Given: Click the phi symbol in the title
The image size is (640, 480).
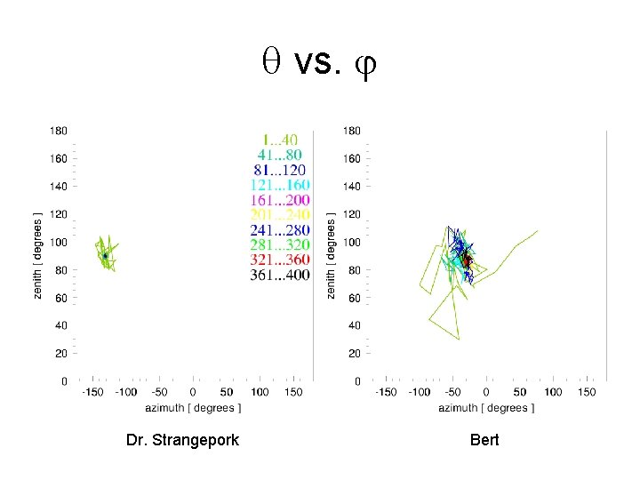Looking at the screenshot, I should (x=365, y=65).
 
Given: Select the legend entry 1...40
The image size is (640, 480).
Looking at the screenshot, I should (x=280, y=140).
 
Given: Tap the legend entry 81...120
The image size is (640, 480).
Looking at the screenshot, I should (x=280, y=171).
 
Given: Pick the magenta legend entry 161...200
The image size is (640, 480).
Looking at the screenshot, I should (x=280, y=201).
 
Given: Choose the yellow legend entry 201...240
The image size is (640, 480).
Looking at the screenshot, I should (x=280, y=216).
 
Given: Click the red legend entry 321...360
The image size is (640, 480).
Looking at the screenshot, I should (x=280, y=261).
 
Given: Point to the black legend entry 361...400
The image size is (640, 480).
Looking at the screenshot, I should (x=280, y=276).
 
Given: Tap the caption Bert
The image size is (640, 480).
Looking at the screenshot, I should (x=484, y=440).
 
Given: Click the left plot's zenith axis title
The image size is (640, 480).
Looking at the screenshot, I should (x=37, y=255).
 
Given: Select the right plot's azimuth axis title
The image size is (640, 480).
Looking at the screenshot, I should (x=484, y=409).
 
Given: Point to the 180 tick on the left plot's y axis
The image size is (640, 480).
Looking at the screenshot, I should (x=59, y=131).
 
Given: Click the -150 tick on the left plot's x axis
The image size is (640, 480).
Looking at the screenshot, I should (x=92, y=392).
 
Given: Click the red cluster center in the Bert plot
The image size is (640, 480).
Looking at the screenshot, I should (x=465, y=260).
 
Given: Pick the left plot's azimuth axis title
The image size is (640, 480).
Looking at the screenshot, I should (x=193, y=409).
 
